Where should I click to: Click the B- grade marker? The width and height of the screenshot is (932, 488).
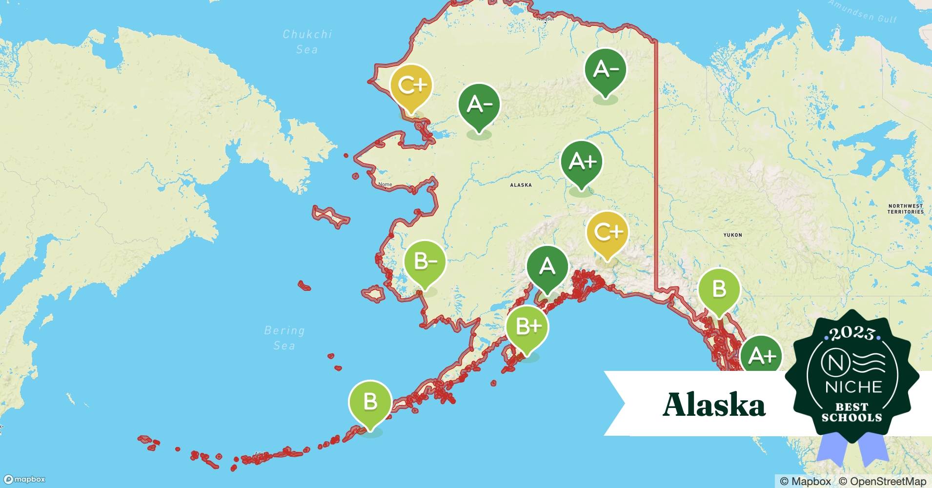click(x=425, y=263)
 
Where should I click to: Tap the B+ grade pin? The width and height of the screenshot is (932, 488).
click(x=527, y=326)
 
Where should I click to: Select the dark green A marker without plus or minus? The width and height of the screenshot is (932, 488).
click(x=547, y=266)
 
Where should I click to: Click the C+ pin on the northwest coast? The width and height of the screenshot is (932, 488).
click(x=411, y=86)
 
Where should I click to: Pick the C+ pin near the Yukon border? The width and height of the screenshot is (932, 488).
click(x=608, y=232)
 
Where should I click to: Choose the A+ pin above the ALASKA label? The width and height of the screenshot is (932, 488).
click(x=582, y=162)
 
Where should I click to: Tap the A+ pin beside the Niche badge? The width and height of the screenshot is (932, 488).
click(x=761, y=355)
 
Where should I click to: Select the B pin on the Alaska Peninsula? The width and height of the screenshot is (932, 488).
click(x=370, y=402)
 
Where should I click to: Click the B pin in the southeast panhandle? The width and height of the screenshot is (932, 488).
click(x=719, y=289)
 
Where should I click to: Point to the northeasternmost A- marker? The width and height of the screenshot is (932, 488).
click(x=605, y=70)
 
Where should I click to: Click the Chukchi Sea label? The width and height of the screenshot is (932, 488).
click(x=307, y=41)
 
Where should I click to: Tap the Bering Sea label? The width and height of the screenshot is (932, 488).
click(x=284, y=338)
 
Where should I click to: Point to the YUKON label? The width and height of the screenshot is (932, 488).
click(x=732, y=235)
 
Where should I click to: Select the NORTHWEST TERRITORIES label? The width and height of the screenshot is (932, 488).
click(x=905, y=209)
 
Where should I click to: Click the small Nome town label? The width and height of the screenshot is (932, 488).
click(x=385, y=184)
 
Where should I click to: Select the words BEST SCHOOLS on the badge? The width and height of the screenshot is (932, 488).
click(x=852, y=412)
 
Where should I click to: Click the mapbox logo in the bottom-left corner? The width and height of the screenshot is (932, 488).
click(x=24, y=480)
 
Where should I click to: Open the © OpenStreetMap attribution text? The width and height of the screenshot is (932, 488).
click(x=882, y=481)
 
